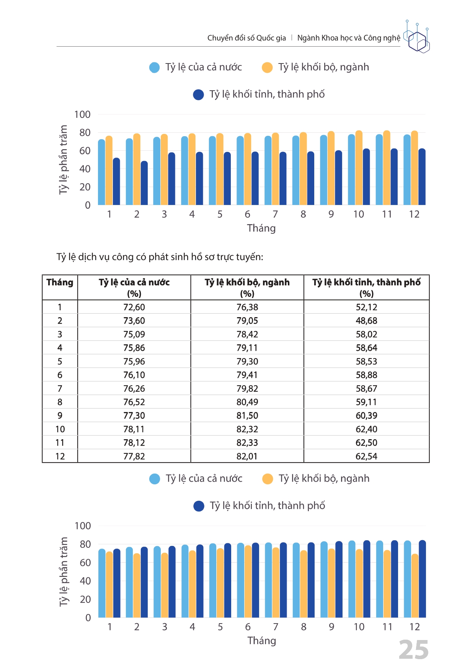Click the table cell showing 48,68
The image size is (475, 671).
366,321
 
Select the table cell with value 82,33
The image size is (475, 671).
247,443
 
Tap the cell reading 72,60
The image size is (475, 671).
134,307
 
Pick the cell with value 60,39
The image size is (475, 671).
366,415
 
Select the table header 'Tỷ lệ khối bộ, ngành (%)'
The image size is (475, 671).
247,288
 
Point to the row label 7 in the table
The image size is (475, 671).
60,389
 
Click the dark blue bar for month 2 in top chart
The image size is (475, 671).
144,183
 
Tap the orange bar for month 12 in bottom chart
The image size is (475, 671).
415,586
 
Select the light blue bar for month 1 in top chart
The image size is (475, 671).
101,172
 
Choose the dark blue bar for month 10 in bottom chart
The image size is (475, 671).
367,579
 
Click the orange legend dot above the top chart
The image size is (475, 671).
267,68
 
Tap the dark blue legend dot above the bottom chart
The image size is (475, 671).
199,506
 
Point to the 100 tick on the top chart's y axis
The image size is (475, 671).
82,114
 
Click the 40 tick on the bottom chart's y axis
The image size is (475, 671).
85,581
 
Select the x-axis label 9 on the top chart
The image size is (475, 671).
331,214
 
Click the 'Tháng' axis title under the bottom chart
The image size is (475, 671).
262,640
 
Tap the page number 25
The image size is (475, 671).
414,650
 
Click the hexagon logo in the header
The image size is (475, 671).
417,37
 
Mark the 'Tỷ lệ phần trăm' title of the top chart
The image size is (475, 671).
64,160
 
